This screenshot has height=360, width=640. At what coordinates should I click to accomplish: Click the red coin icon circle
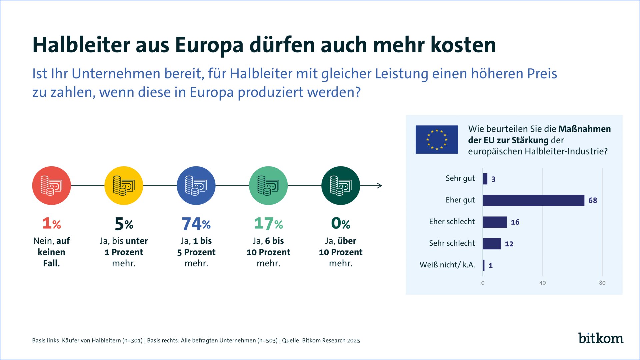click(51, 186)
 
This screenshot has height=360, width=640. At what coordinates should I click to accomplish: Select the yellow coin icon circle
click(124, 186)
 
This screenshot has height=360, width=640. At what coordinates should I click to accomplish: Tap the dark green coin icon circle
click(340, 186)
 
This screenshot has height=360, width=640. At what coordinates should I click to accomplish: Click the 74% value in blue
click(196, 224)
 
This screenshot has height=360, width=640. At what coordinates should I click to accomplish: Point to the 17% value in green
click(268, 224)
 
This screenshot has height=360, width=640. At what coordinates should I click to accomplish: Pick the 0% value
click(340, 224)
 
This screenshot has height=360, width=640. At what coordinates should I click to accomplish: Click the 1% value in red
click(51, 224)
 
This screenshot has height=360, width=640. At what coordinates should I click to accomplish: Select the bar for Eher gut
click(533, 200)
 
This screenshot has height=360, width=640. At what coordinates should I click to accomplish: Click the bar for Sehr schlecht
click(492, 244)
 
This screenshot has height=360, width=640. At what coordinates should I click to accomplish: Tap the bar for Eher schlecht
click(495, 222)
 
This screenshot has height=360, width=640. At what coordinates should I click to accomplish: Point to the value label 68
click(593, 200)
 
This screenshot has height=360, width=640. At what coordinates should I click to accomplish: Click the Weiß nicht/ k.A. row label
click(447, 265)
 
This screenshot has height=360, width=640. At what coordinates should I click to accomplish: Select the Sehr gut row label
click(460, 178)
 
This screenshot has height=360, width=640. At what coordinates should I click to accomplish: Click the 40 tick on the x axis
click(542, 283)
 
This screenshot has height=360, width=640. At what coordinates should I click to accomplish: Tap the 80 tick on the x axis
click(602, 283)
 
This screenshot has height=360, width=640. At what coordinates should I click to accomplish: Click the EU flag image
click(437, 139)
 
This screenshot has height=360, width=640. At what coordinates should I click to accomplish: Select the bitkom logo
click(600, 338)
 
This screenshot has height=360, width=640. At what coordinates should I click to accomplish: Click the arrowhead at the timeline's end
click(379, 186)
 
